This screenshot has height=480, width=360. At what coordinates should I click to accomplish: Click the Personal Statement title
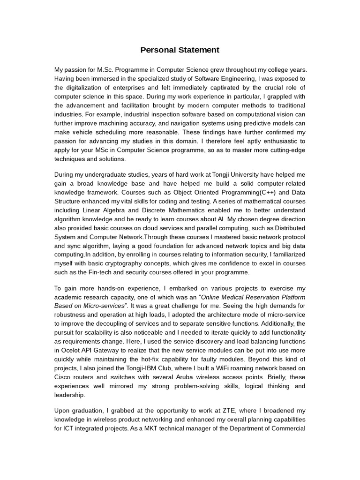tap(180, 50)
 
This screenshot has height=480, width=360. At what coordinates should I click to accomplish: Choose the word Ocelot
tap(71, 351)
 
